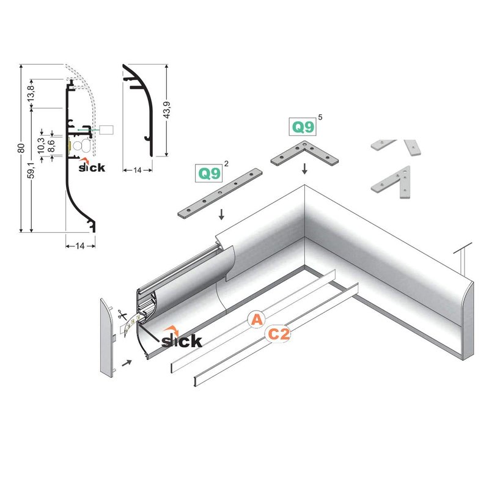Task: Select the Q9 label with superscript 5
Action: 303,127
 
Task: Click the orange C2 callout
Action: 278,334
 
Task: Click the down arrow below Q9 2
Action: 221,215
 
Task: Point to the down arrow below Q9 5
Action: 304,168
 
